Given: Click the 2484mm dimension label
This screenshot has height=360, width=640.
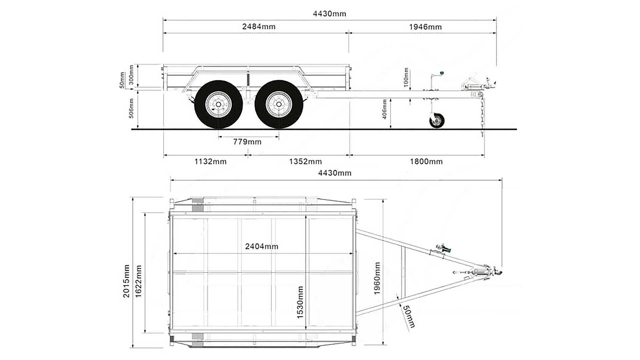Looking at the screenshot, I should point(259,27).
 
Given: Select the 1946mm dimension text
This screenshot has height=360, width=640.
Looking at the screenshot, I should point(425,27).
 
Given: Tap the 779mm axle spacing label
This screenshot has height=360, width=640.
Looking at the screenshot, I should point(247,142).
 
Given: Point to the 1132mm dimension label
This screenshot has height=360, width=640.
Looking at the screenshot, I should point(210,162).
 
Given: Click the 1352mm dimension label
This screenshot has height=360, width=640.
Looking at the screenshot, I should point(305,162).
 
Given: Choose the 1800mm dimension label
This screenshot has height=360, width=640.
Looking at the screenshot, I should point(426,162).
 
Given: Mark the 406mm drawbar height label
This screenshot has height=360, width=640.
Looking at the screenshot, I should point(384,109).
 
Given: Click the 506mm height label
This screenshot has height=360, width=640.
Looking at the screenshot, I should point(131,108).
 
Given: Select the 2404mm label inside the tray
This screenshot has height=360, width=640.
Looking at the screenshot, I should point(261,246).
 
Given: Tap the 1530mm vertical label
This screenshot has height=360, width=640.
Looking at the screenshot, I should point(300,302).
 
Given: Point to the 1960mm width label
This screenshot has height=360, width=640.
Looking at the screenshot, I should point(377,278).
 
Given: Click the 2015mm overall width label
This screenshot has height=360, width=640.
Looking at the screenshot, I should point(126,281).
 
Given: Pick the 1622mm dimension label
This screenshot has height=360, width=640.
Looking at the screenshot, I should point(138,281).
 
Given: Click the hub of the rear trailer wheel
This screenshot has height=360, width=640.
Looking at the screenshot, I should point(218,105).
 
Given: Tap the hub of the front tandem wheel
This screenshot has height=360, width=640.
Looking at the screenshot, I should point(278,105).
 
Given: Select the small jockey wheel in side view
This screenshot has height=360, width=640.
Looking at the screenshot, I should point(437,121).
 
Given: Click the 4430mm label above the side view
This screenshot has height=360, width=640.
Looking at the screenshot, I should point(329,14).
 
